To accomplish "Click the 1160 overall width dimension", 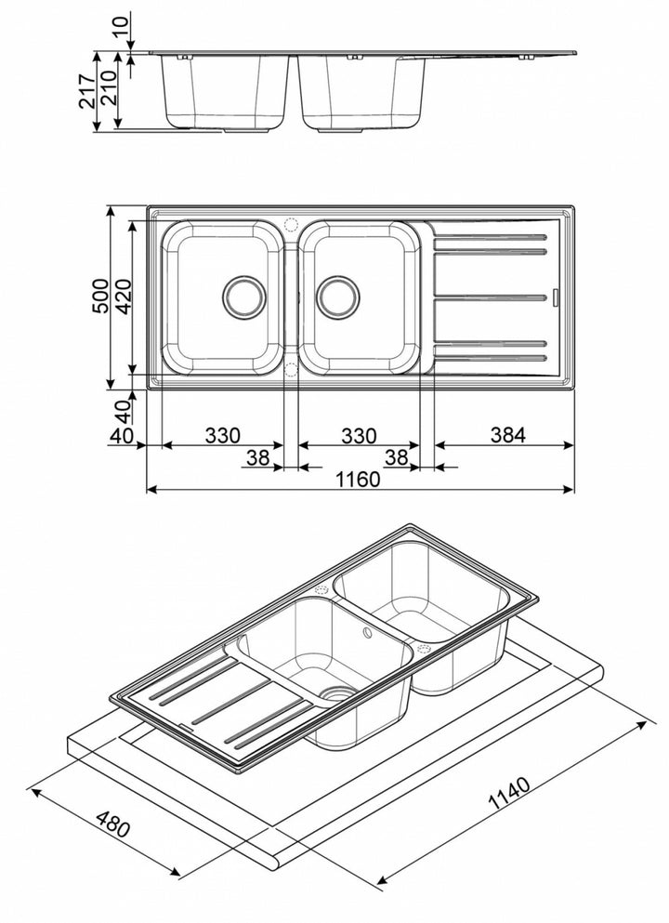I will (x=358, y=480).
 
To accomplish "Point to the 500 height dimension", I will (x=102, y=295).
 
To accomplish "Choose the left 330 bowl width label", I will (x=223, y=434).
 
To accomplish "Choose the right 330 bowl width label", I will (x=358, y=434).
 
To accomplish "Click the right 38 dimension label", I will (x=396, y=456).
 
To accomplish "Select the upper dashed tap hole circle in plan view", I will (x=290, y=225).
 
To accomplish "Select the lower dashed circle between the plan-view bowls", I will (x=290, y=369).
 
